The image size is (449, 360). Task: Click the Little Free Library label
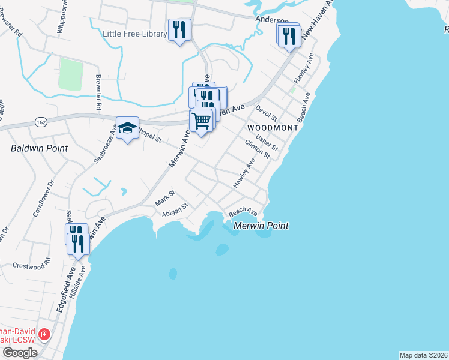pyautogui.click(x=135, y=34)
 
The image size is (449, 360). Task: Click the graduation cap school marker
pyautogui.click(x=127, y=128)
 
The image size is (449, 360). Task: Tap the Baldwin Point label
pyautogui.click(x=40, y=148)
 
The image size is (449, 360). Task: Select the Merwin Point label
pyautogui.click(x=261, y=226)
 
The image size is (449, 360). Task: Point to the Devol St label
pyautogui.click(x=265, y=114)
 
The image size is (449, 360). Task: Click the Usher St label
pyautogui.click(x=267, y=143)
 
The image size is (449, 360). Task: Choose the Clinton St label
pyautogui.click(x=258, y=149)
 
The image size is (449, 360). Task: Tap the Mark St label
pyautogui.click(x=164, y=197)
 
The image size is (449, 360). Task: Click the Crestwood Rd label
pyautogui.click(x=32, y=265)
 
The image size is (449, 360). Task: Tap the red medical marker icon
pyautogui.click(x=43, y=334)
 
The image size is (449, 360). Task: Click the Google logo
pyautogui.click(x=19, y=353)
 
